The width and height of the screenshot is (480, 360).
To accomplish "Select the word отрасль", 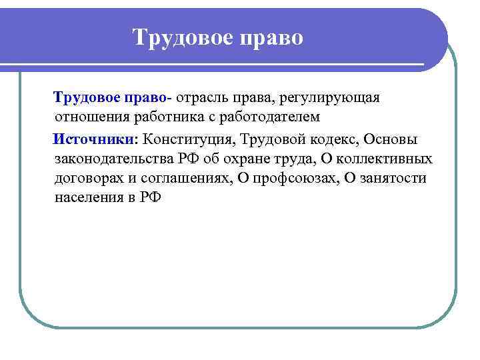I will (202, 98).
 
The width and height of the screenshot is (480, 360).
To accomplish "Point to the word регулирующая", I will (330, 98).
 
